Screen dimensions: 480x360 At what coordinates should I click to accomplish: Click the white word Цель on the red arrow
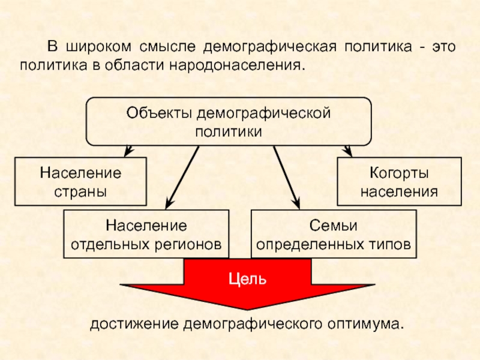(x=247, y=279)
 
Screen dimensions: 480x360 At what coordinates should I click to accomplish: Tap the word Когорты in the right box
(x=399, y=173)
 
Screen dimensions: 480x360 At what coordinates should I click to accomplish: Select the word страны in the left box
(x=80, y=192)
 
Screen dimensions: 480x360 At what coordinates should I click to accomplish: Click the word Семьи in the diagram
(x=333, y=226)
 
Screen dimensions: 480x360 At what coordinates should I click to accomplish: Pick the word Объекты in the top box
(x=159, y=113)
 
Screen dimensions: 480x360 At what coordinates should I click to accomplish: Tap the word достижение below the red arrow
(x=134, y=324)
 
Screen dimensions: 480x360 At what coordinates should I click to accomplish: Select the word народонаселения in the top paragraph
(x=237, y=65)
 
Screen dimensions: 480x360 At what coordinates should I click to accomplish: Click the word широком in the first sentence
(x=98, y=47)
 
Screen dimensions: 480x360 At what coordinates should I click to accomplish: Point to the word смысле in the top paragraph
(x=167, y=47)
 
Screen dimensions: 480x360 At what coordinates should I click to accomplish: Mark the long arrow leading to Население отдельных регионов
(x=182, y=178)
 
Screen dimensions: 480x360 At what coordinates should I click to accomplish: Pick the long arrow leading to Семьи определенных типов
(x=287, y=178)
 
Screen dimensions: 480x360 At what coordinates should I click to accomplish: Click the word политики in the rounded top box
(x=229, y=132)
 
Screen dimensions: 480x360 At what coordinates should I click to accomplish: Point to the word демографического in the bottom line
(x=253, y=324)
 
